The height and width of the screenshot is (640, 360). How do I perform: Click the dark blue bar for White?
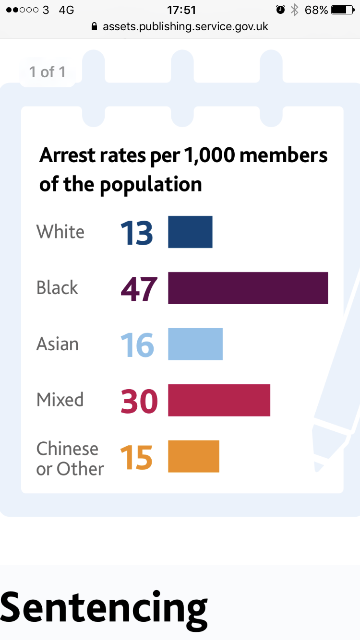pos(190,232)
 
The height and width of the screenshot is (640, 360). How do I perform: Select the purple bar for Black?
pos(248,288)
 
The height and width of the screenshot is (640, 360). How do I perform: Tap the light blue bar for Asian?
pos(195,344)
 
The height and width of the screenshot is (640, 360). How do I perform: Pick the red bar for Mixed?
pos(219,400)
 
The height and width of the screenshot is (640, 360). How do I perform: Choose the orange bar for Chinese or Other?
pos(193,456)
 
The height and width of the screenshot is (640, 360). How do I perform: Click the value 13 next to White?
pos(137,233)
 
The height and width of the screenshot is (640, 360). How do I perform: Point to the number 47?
pos(139,289)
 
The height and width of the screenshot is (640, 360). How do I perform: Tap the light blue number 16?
pos(137,345)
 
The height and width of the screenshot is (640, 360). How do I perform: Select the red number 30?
pos(139,401)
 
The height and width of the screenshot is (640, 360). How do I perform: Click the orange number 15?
pos(136,457)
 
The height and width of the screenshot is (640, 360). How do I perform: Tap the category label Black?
pos(57,288)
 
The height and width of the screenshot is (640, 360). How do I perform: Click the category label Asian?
pos(58,344)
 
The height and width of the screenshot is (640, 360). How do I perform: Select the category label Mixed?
pos(60,400)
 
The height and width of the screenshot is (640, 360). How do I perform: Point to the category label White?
pos(60,232)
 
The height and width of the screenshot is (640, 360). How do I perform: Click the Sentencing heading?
pos(104,607)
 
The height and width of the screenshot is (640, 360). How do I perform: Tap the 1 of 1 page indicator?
pos(47,72)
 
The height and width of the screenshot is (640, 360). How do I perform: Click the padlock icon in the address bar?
pos(94,26)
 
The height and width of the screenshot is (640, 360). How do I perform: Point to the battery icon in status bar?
pos(342,10)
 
